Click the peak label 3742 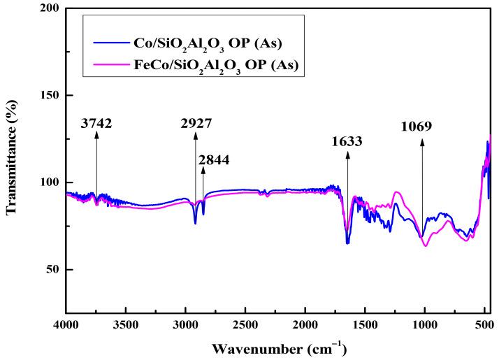coord(96,124)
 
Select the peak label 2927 coord(195,124)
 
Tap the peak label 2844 coord(214,160)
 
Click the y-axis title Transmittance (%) coord(13,157)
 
